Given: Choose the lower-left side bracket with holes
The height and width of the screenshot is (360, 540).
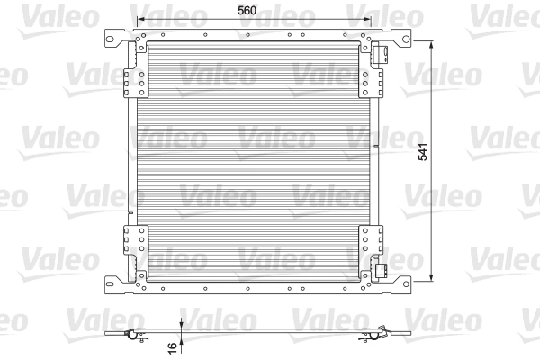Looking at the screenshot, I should click(x=136, y=247).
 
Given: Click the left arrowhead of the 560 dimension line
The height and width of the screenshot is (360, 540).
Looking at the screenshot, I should click(x=137, y=19).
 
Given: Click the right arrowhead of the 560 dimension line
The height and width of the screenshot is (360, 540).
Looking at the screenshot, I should click(x=374, y=19).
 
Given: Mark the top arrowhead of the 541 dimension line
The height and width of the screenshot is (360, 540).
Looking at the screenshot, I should click(x=433, y=42).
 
